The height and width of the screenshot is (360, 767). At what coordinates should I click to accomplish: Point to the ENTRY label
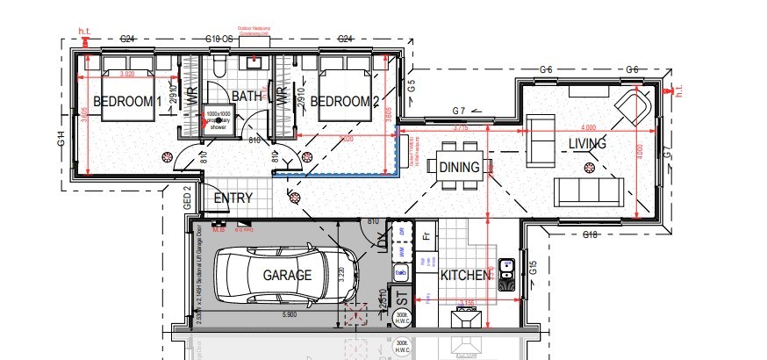point(233,199)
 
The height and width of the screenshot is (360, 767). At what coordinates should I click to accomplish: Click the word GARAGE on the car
point(287,275)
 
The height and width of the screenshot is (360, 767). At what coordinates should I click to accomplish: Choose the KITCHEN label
point(464,276)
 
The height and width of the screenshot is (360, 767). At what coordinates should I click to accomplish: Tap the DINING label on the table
point(459,167)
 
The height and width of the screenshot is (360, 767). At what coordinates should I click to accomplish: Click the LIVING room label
point(587,143)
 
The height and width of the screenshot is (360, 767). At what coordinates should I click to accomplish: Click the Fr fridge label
point(427,236)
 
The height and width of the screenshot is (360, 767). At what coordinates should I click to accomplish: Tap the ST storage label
point(402,298)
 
